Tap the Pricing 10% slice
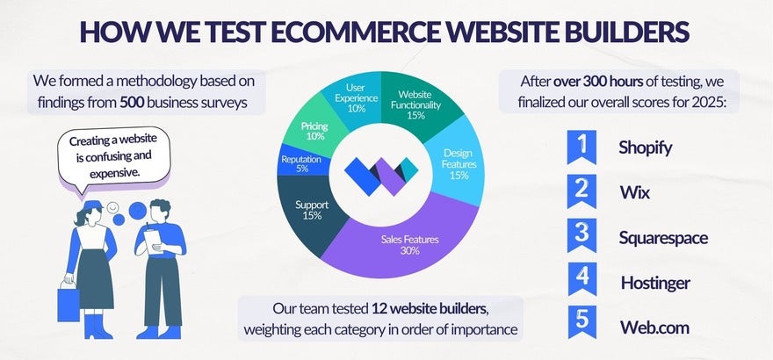click(x=314, y=132)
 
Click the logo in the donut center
click(x=383, y=175)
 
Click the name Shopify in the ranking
click(x=646, y=148)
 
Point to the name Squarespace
click(x=663, y=237)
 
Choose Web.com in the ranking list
click(x=654, y=328)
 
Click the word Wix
click(x=634, y=192)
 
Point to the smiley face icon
click(x=112, y=207)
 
